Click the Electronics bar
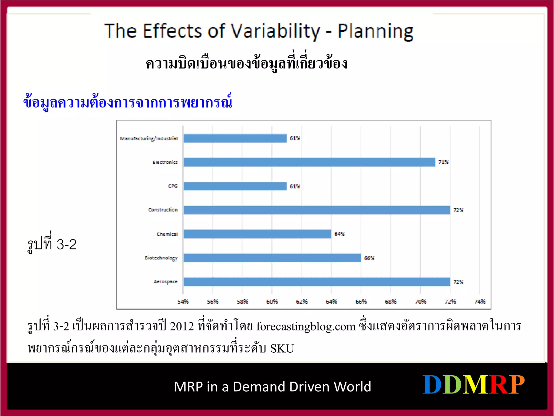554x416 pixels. point(309,162)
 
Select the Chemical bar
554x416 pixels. point(257,234)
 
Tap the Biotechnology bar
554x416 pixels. point(272,258)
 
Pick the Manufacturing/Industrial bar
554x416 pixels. point(235,138)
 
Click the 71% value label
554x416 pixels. point(443,162)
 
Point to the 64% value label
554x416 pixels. point(339,234)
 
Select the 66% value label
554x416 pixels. point(369,258)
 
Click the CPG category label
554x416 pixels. point(173,186)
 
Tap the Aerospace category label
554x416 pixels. point(165,282)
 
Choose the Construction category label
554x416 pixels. point(163,210)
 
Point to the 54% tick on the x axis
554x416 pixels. point(183,301)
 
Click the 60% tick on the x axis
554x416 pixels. point(272,301)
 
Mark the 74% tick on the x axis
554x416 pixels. point(480,301)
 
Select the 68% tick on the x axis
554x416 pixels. point(391,301)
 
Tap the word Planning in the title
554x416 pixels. point(376,31)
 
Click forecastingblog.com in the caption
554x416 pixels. point(306,327)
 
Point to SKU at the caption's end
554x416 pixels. point(282,349)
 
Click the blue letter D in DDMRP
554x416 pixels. point(432,385)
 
